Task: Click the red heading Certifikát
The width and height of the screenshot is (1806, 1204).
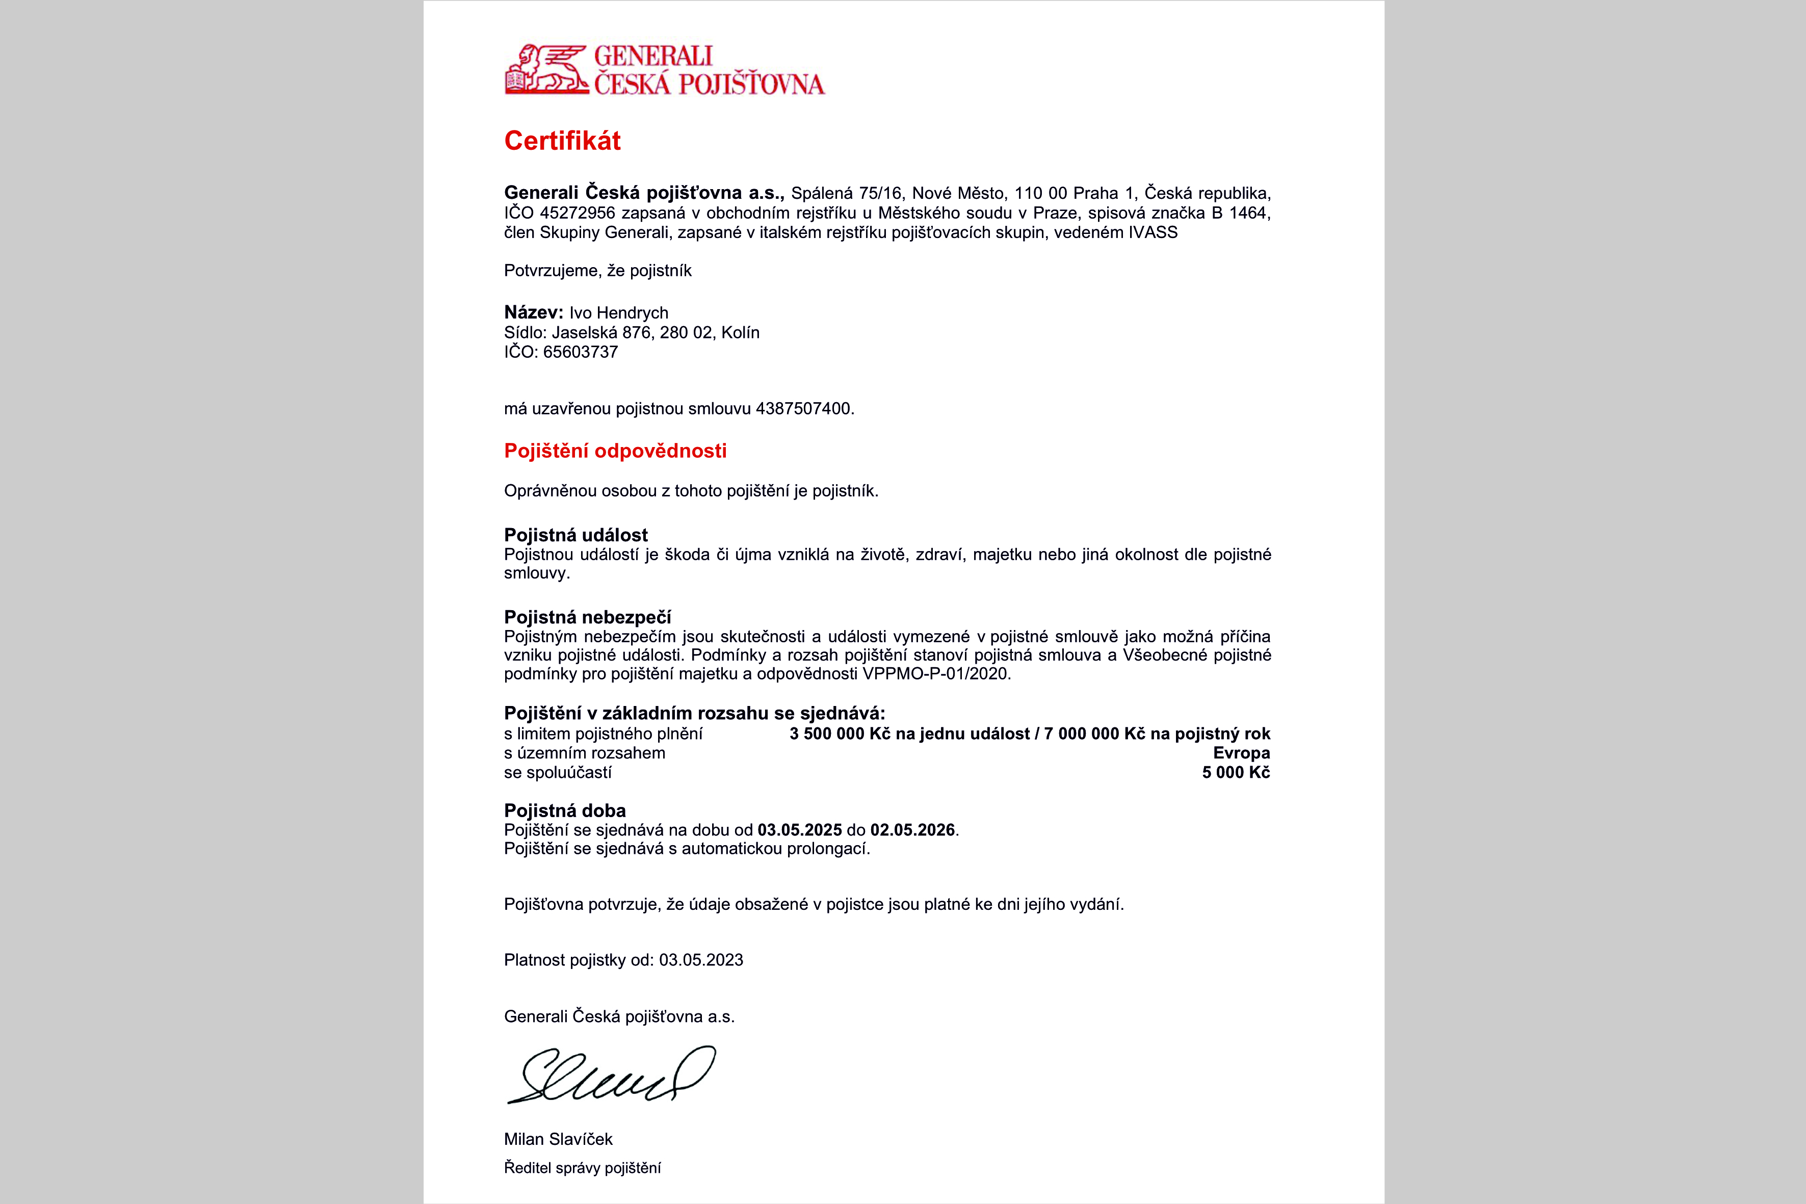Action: (562, 141)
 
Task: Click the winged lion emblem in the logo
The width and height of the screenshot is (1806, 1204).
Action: (546, 70)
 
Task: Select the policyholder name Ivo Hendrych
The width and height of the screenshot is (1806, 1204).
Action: (618, 312)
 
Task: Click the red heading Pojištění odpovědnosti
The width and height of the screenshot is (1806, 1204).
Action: (615, 451)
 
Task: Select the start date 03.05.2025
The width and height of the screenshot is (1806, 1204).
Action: (799, 830)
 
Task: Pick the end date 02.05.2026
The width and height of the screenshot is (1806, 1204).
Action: (912, 830)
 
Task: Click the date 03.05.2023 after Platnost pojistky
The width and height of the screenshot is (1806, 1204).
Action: (700, 960)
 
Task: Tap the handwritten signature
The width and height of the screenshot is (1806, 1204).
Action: (611, 1075)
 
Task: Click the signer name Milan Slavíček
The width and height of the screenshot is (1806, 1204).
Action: (558, 1139)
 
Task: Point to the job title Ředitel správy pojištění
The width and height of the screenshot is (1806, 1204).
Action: (582, 1168)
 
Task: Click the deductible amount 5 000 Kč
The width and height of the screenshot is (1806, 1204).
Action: (1236, 772)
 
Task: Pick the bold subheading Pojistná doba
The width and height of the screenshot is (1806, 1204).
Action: (564, 811)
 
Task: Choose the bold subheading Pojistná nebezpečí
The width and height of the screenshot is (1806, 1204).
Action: (587, 617)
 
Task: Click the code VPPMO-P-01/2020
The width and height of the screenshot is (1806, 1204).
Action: (935, 674)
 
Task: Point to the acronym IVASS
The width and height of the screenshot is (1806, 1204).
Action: (1153, 232)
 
